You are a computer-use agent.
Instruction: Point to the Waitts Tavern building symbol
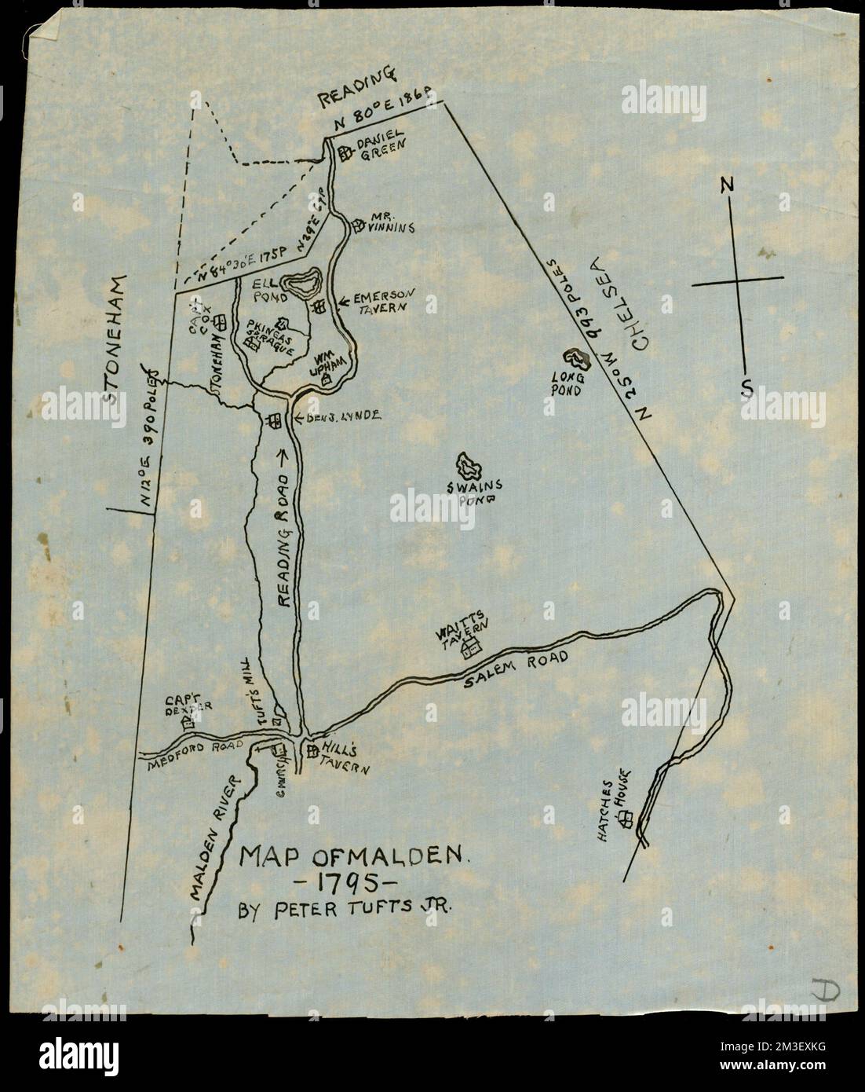471,648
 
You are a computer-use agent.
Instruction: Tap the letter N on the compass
727,185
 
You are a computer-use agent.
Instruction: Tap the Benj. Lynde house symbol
274,421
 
